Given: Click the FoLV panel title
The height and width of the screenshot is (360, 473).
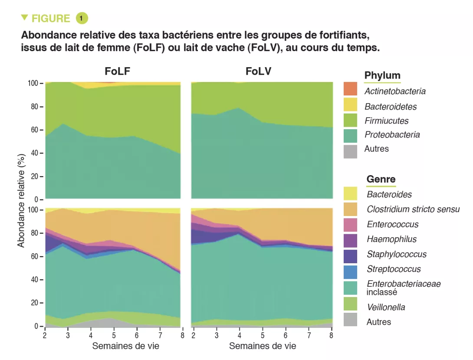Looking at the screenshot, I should coord(259,71).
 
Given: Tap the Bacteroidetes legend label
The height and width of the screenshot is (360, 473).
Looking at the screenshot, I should coord(391,106).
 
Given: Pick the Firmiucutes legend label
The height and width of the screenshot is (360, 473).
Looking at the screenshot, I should coord(386,121).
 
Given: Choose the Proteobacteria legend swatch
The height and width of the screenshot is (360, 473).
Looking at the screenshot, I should coord(350,135).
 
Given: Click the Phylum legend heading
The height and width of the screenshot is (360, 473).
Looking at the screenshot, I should coord(382,75).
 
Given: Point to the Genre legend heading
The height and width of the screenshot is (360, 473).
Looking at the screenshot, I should coord(381,179).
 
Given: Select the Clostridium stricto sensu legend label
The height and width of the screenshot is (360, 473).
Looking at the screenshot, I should coord(413,209).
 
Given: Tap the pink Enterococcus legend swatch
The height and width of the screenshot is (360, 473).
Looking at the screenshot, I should coord(350,225).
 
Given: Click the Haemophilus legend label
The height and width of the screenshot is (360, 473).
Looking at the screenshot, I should coord(391,239).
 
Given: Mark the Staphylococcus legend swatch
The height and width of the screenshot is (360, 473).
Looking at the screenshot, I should coord(350,255).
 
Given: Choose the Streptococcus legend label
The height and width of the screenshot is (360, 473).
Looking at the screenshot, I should coord(394,269).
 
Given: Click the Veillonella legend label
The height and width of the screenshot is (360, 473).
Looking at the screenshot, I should coord(386,307).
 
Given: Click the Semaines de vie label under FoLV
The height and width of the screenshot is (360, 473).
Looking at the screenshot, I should coord(263,346).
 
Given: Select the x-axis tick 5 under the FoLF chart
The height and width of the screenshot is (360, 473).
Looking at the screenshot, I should coord(114,334).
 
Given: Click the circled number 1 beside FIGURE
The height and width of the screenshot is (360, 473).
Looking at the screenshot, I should coord(82,18).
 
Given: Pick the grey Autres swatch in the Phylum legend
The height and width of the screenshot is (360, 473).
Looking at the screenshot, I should coord(350,151).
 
